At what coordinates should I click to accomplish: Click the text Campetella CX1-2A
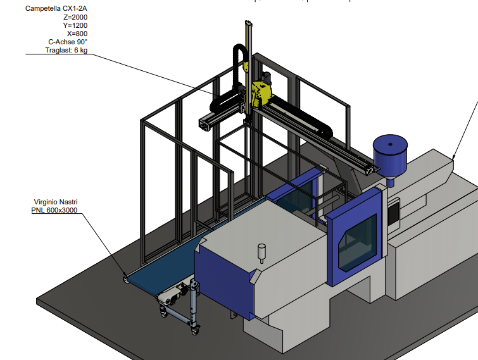[x=56, y=8]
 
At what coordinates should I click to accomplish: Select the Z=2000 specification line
[x=75, y=17]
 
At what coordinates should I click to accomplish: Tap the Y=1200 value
[x=75, y=25]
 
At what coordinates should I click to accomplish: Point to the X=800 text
[x=77, y=34]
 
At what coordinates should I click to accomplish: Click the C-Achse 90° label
[x=68, y=42]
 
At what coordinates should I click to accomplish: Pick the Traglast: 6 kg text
[x=66, y=50]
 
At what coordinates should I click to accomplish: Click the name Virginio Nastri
[x=56, y=202]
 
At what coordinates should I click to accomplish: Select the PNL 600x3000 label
[x=54, y=210]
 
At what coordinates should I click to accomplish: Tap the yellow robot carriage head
[x=261, y=94]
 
